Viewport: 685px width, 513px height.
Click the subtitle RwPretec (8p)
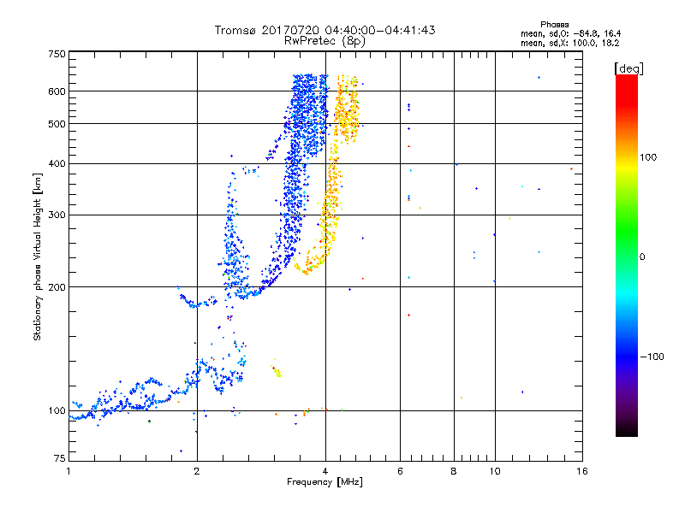click(325, 41)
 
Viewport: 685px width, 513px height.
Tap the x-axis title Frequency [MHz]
click(325, 482)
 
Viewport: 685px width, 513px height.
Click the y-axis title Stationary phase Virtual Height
click(38, 256)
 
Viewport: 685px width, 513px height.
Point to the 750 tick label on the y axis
click(57, 54)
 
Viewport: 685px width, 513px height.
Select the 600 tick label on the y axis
click(57, 91)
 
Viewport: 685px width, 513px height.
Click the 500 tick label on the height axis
click(57, 124)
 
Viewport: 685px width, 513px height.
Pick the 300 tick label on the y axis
click(57, 215)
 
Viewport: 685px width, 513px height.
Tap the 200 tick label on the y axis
click(57, 287)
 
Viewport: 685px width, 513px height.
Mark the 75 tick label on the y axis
click(60, 458)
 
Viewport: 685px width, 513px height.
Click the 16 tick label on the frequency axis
click(582, 471)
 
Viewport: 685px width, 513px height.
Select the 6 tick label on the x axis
click(400, 471)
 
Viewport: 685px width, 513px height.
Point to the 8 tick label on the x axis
click(454, 471)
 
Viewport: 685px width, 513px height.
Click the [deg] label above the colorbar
click(628, 68)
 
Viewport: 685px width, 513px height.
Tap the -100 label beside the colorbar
click(652, 357)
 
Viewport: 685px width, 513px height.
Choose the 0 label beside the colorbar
click(642, 257)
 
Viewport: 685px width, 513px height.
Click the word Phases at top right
click(554, 25)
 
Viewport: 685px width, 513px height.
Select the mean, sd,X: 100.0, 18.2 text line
click(569, 44)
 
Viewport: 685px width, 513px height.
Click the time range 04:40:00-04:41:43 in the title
click(380, 30)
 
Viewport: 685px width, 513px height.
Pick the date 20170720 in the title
click(291, 30)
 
